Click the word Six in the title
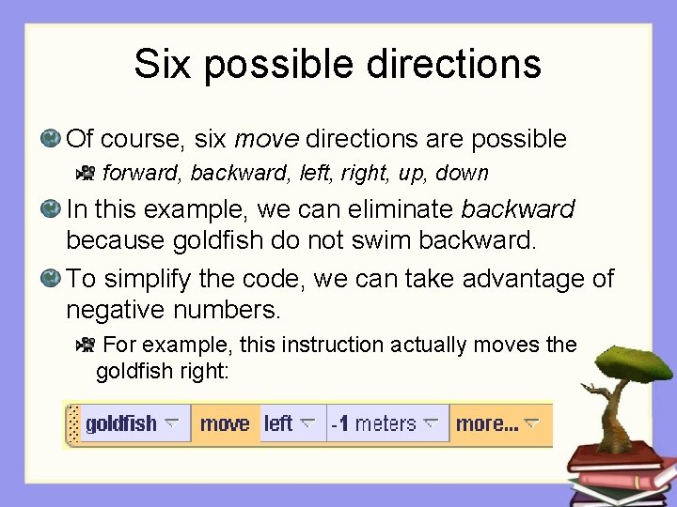pos(163,64)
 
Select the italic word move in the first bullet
pos(266,140)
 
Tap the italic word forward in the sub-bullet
pos(143,173)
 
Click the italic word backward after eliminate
pos(518,208)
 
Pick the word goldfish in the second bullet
pos(220,239)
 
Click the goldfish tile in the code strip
pos(121,423)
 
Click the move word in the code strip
pos(225,423)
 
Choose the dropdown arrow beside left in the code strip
pos(307,423)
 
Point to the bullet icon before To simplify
pos(51,279)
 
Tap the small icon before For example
pos(85,345)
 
